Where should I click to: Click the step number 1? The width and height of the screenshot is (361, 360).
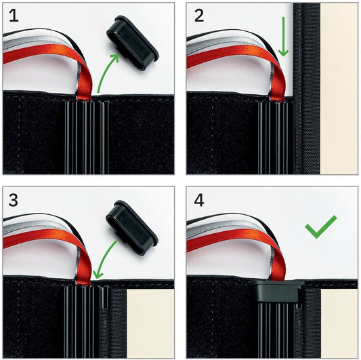pyautogui.click(x=14, y=16)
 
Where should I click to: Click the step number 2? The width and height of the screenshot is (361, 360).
pyautogui.click(x=199, y=16)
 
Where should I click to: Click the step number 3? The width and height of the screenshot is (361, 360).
pyautogui.click(x=13, y=200)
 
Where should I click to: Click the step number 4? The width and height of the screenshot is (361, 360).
pyautogui.click(x=199, y=200)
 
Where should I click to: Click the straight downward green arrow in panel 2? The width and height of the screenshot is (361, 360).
pyautogui.click(x=283, y=37)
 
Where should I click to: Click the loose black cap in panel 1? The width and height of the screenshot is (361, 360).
pyautogui.click(x=132, y=43)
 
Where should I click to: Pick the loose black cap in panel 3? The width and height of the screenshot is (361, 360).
pyautogui.click(x=131, y=228)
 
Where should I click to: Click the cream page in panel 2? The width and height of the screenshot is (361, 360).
pyautogui.click(x=339, y=89)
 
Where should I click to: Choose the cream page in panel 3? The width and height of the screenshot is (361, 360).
pyautogui.click(x=150, y=323)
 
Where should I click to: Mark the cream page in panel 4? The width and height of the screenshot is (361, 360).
pyautogui.click(x=339, y=323)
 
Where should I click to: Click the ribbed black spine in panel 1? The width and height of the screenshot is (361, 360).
pyautogui.click(x=87, y=137)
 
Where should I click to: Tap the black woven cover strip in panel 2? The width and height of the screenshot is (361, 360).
pyautogui.click(x=306, y=89)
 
